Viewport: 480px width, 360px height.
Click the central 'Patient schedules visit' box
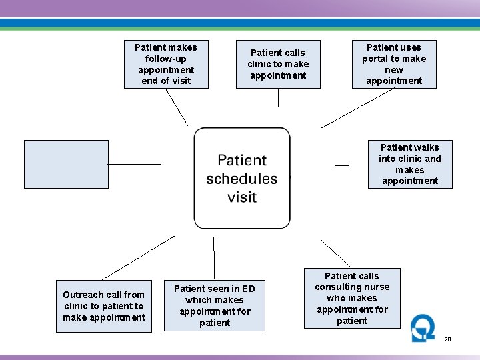tap(242, 178)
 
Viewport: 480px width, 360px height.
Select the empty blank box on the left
tap(66, 164)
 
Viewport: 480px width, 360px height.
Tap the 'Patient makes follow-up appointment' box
tap(166, 64)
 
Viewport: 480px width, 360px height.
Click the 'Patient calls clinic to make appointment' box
tap(278, 64)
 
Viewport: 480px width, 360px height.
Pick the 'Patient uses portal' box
tap(394, 64)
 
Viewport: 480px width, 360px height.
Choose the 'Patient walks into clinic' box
tap(410, 164)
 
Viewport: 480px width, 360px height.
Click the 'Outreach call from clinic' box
tap(104, 306)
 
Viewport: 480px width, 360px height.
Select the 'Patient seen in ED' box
tap(215, 305)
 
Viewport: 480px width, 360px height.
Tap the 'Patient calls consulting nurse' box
tap(352, 298)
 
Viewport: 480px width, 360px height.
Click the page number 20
tap(448, 339)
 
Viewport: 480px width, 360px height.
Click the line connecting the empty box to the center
tap(134, 164)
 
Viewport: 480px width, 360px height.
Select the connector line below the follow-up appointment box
tap(177, 107)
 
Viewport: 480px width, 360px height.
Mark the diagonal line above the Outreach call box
tap(138, 257)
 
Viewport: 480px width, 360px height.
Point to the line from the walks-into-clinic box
tap(351, 165)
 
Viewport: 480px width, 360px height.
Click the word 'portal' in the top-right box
tap(375, 59)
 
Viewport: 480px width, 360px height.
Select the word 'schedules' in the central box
tap(241, 179)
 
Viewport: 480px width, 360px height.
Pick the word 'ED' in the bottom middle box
tap(248, 289)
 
